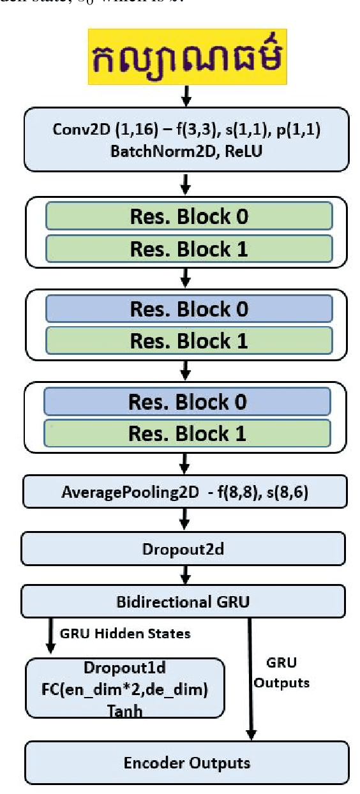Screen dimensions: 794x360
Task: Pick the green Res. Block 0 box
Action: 189,217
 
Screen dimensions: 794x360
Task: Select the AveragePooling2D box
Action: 184,493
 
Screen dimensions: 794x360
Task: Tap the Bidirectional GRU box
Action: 183,602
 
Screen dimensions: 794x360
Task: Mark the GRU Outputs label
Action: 282,672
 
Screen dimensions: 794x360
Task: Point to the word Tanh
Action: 124,710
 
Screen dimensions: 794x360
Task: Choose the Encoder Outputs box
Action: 187,763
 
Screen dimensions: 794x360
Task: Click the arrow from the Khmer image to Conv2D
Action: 184,98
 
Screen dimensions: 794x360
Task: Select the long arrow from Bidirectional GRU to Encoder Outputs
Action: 250,677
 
